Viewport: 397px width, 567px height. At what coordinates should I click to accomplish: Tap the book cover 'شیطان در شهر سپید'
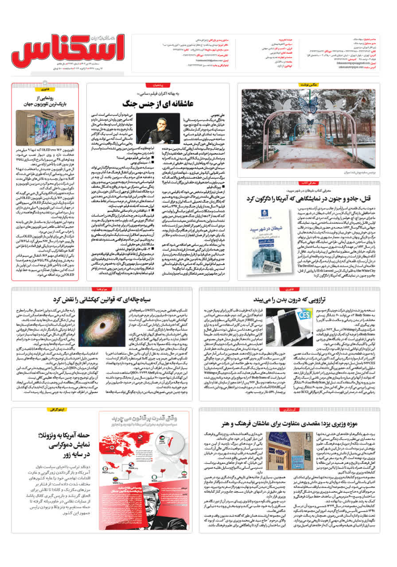click(x=267, y=237)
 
